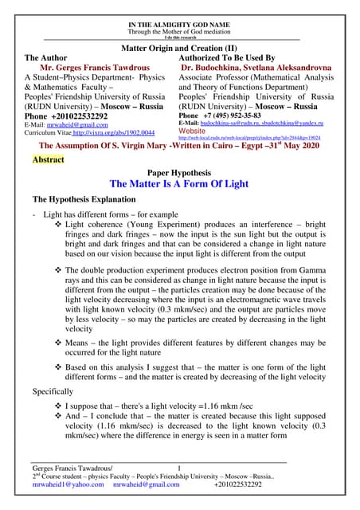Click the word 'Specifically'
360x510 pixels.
(x=55, y=392)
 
